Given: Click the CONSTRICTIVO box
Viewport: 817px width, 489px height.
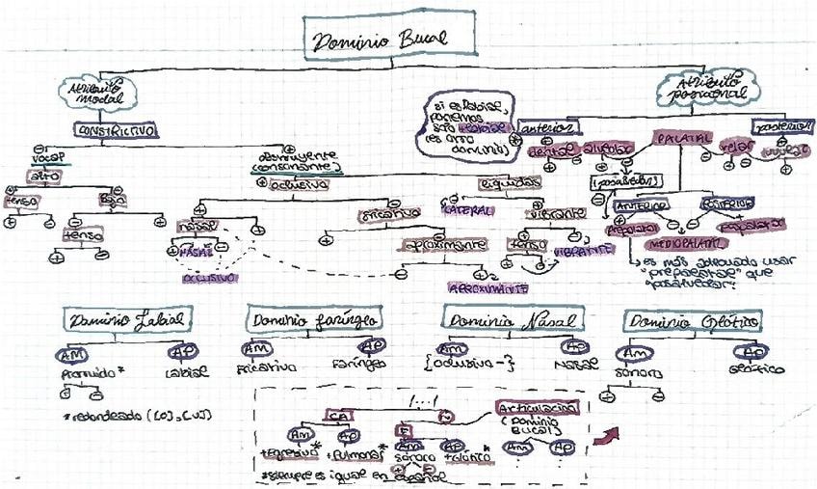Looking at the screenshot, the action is pyautogui.click(x=117, y=129).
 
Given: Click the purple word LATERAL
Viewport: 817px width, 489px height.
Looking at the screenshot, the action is pyautogui.click(x=467, y=209).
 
